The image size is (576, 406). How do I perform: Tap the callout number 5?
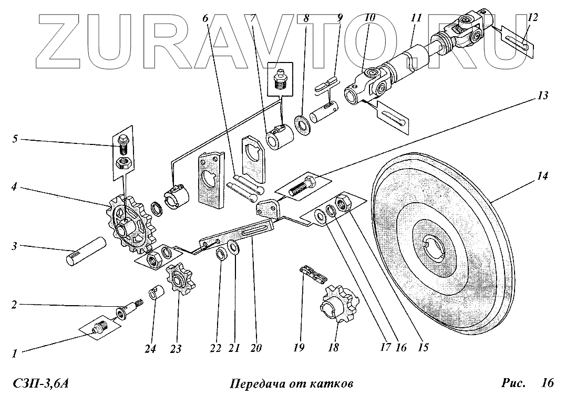(15, 140)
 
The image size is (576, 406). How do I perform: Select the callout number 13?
(542, 96)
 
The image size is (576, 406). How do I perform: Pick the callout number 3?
(15, 245)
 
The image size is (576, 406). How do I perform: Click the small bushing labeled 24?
(155, 292)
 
